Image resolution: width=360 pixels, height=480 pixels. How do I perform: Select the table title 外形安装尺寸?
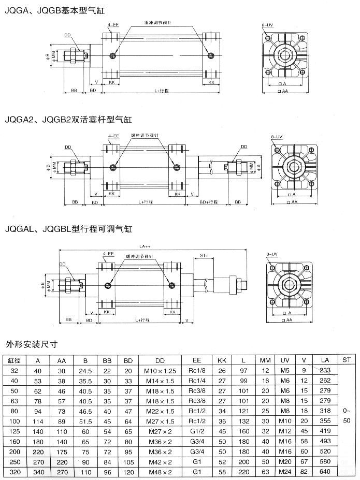31,343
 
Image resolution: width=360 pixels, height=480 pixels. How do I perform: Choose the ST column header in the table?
347,360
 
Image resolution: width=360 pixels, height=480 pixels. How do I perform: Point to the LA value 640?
325,472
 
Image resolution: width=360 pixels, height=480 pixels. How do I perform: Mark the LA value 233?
325,371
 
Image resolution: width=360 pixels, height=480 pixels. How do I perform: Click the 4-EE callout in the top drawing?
112,24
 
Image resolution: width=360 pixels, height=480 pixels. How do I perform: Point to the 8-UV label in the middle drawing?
277,136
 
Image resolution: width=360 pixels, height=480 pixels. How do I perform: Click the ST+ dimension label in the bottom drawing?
204,255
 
